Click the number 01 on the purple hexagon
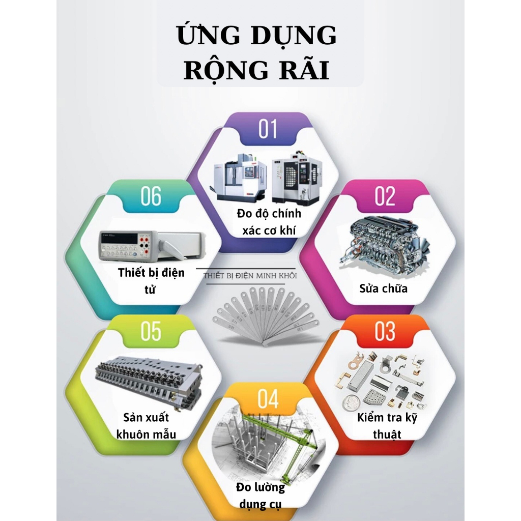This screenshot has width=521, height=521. pos(268,129)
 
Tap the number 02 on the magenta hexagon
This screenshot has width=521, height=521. pos(385,196)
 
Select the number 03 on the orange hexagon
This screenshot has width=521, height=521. pos(385,332)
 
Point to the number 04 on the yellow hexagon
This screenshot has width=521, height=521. pos(268,399)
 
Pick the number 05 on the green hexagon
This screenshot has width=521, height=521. pos(151,332)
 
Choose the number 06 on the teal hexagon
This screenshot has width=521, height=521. pos(151,196)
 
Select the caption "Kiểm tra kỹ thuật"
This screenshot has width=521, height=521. pos(386,426)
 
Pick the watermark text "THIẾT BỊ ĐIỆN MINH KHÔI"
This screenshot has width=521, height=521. pos(250,275)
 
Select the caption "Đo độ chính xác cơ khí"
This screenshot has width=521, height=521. pos(269,221)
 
